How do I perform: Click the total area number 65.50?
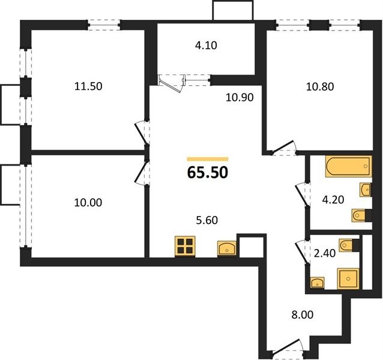point(208,172)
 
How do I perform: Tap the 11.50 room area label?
point(88,86)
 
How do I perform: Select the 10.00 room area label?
point(88,203)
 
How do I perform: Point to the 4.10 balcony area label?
point(206,46)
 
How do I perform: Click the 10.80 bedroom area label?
point(320,86)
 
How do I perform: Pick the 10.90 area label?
point(240,97)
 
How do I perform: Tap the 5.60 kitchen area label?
point(207,220)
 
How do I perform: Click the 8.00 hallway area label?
point(303,315)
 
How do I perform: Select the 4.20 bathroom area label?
point(333,200)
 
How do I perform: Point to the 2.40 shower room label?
point(325,253)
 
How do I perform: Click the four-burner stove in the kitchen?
point(185,246)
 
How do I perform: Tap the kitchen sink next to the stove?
point(227,248)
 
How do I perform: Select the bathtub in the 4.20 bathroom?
point(349,166)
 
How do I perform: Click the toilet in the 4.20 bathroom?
point(361,215)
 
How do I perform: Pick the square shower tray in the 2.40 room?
point(348,279)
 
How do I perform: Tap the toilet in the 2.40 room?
point(349,245)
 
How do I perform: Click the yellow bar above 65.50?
point(208,160)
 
